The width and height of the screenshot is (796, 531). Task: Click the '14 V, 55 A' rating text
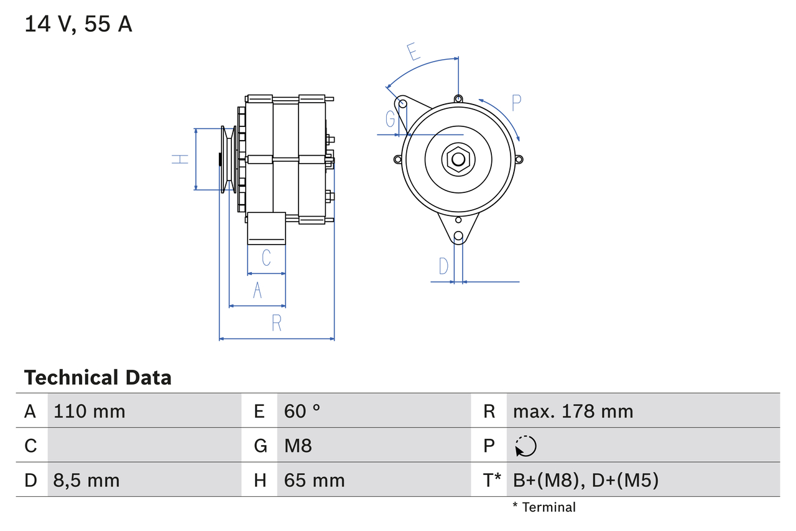pos(78,24)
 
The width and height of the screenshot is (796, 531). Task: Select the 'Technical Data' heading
pos(98,378)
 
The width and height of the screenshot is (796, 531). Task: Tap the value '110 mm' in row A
pos(90,411)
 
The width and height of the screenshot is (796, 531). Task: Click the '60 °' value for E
pos(302,411)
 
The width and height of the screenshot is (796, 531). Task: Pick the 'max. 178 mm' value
pos(573,411)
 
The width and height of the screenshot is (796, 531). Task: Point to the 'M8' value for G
pos(298,446)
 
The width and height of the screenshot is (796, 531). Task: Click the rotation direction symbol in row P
pos(525,446)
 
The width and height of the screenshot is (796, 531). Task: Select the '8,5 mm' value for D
pos(87,481)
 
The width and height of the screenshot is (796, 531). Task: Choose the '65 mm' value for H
pos(314,481)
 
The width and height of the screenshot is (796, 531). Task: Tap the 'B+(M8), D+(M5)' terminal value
pos(585,481)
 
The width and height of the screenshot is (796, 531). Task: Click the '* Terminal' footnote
pos(544,507)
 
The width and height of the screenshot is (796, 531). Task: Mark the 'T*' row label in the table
pos(491,480)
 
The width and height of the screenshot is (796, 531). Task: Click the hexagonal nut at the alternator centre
pos(458,159)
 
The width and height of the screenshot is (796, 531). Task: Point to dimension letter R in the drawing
pos(277,323)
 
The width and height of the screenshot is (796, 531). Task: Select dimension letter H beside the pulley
pos(180,159)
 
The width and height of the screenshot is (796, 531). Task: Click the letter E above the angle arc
pos(413,52)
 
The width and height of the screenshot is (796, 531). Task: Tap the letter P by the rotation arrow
pos(516,103)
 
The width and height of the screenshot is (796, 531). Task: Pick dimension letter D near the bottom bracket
pos(443,266)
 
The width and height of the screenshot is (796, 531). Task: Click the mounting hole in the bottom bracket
pos(458,236)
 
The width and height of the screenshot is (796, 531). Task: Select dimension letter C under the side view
pos(266,257)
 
